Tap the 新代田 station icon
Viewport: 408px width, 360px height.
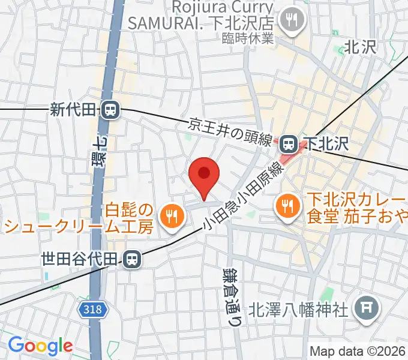click(110, 110)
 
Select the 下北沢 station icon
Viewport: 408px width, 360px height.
click(289, 144)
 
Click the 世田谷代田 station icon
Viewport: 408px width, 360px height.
click(130, 259)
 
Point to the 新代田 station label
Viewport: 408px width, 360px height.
click(74, 110)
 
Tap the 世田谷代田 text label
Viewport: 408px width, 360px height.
click(80, 259)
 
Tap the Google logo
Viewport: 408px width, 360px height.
click(40, 346)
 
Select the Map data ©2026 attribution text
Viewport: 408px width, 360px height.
click(358, 351)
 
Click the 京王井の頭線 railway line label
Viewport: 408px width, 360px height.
click(232, 133)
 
